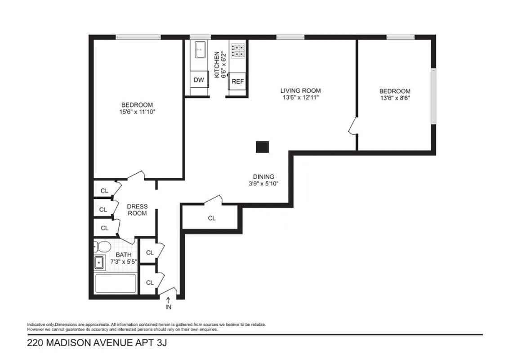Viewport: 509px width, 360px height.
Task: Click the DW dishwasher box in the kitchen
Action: click(x=199, y=80)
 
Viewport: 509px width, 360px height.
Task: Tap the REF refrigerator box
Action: click(x=237, y=81)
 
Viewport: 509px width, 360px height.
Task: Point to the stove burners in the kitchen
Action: click(x=238, y=50)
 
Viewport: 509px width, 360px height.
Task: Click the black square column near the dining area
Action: click(x=262, y=147)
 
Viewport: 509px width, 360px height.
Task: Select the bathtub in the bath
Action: click(x=116, y=283)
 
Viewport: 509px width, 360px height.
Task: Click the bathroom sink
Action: click(x=99, y=262)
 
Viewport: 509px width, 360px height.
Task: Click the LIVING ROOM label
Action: click(x=301, y=90)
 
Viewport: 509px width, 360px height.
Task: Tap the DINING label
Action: click(x=263, y=177)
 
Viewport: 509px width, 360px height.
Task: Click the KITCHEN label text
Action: click(x=216, y=64)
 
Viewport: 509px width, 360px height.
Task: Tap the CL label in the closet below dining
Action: click(x=212, y=218)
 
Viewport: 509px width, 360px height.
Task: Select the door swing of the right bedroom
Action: click(x=353, y=126)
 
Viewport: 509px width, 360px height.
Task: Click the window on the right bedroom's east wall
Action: click(x=433, y=96)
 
